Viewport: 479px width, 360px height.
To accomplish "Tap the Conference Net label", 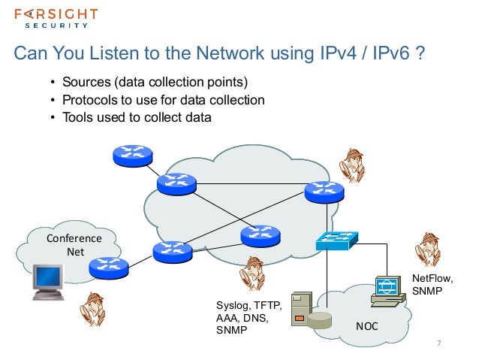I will click(74, 245).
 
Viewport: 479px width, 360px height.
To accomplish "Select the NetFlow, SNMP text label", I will click(432, 284).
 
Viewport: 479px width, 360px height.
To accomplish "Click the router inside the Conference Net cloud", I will click(108, 265).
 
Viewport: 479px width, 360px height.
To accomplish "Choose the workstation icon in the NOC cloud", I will click(390, 290).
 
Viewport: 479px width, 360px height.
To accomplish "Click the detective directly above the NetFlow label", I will click(429, 249).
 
